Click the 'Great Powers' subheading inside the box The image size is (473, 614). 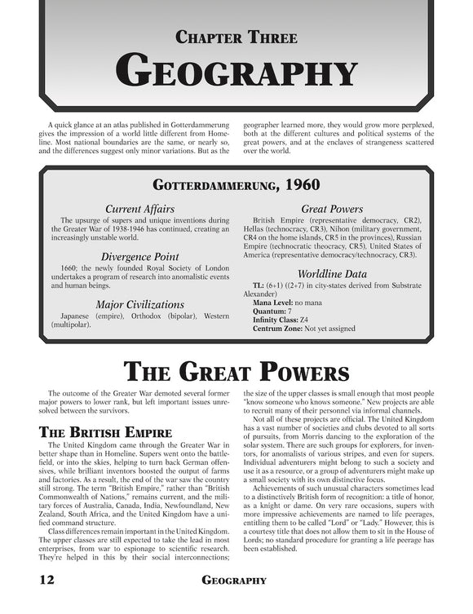click(x=332, y=210)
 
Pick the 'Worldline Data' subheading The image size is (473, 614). click(x=332, y=273)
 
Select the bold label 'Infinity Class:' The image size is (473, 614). click(x=278, y=320)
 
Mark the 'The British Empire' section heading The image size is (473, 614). click(x=104, y=431)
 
